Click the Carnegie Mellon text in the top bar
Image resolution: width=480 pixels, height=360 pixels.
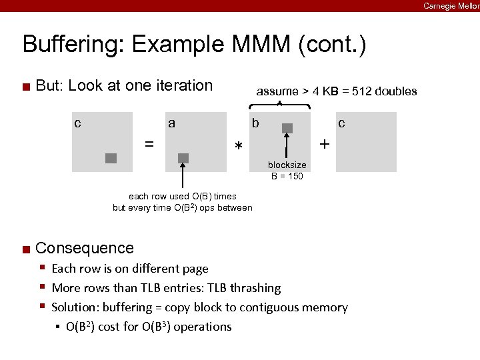[451, 5]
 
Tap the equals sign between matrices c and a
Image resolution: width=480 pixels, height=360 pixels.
[150, 143]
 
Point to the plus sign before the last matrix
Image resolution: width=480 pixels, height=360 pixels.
[324, 143]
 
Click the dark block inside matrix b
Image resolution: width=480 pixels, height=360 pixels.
[287, 128]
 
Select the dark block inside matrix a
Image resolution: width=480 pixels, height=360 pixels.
[183, 158]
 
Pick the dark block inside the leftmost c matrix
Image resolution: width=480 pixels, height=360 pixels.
[111, 158]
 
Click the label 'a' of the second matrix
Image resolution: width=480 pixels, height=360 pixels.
[172, 123]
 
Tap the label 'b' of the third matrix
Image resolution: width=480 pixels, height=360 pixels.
[255, 123]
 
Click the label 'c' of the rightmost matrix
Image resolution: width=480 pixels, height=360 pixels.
[341, 123]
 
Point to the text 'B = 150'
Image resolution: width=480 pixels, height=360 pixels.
[287, 176]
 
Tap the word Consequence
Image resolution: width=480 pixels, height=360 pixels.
[85, 248]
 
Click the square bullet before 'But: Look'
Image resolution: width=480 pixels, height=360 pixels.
[25, 86]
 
